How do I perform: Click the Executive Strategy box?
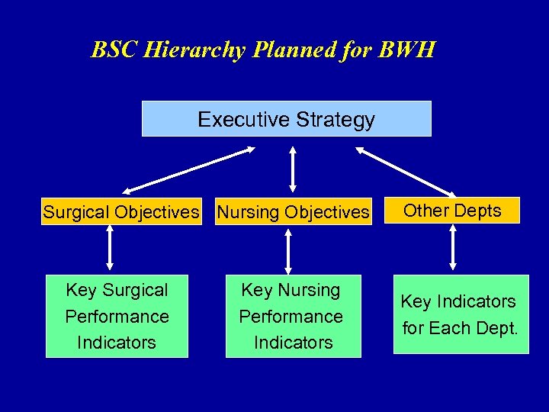pyautogui.click(x=286, y=119)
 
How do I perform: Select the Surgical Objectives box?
pyautogui.click(x=120, y=211)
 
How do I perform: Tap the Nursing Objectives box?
pyautogui.click(x=293, y=211)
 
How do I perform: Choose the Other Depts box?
pyautogui.click(x=452, y=211)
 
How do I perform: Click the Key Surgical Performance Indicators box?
pyautogui.click(x=117, y=316)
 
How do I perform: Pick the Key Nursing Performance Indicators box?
pyautogui.click(x=291, y=316)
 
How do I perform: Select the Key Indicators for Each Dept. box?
pyautogui.click(x=461, y=314)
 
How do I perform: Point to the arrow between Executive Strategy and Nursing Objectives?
pyautogui.click(x=292, y=169)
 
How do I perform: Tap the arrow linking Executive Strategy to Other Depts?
pyautogui.click(x=406, y=171)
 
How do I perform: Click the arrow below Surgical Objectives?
pyautogui.click(x=110, y=248)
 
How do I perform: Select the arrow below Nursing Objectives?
pyautogui.click(x=288, y=251)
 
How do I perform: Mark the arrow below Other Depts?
pyautogui.click(x=453, y=248)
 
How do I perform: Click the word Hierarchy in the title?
pyautogui.click(x=185, y=50)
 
